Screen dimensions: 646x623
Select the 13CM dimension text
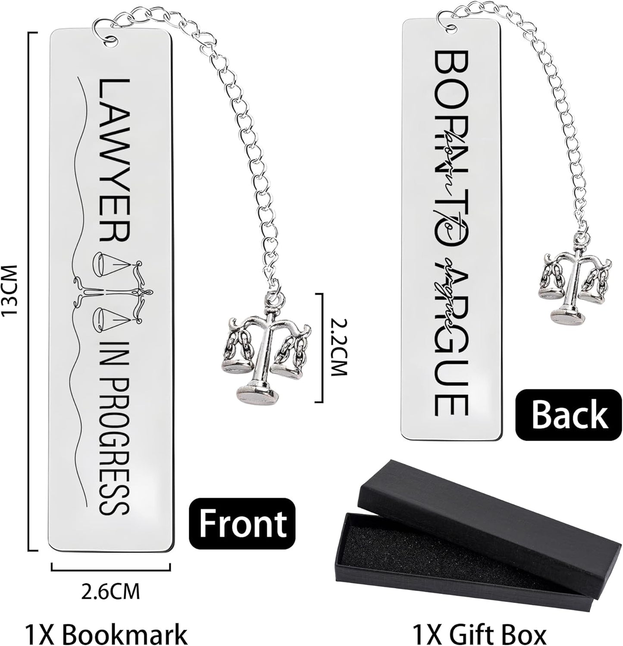click(x=9, y=290)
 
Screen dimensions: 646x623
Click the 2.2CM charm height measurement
click(x=338, y=348)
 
